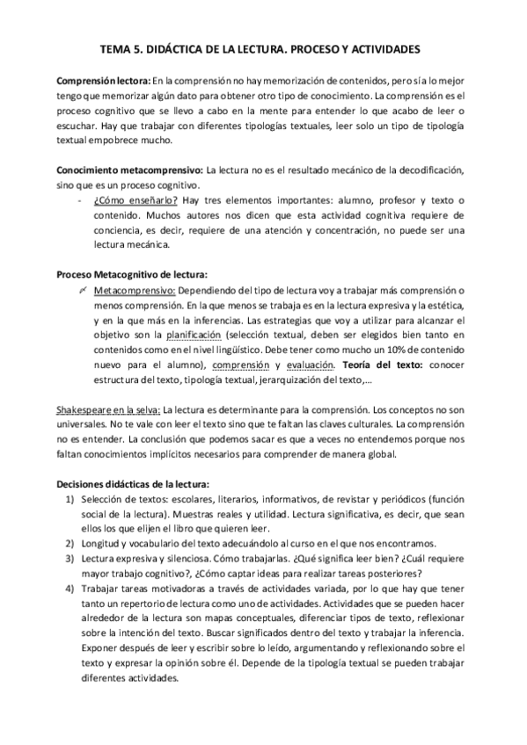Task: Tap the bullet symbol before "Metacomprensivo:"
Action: pyautogui.click(x=81, y=290)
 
